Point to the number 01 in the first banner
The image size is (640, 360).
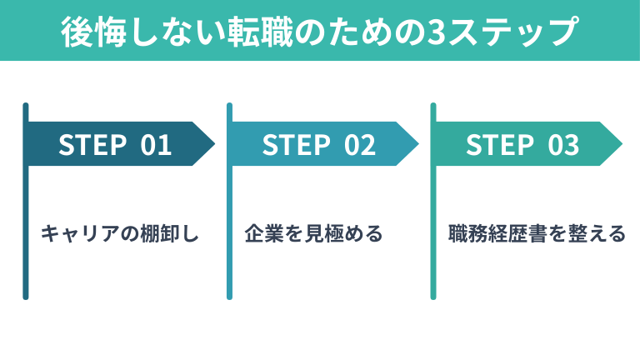tap(156, 145)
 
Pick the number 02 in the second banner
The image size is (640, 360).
tap(360, 145)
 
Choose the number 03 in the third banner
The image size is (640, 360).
tap(564, 145)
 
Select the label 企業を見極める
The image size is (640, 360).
tap(313, 233)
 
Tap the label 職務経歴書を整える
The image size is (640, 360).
tap(536, 233)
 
